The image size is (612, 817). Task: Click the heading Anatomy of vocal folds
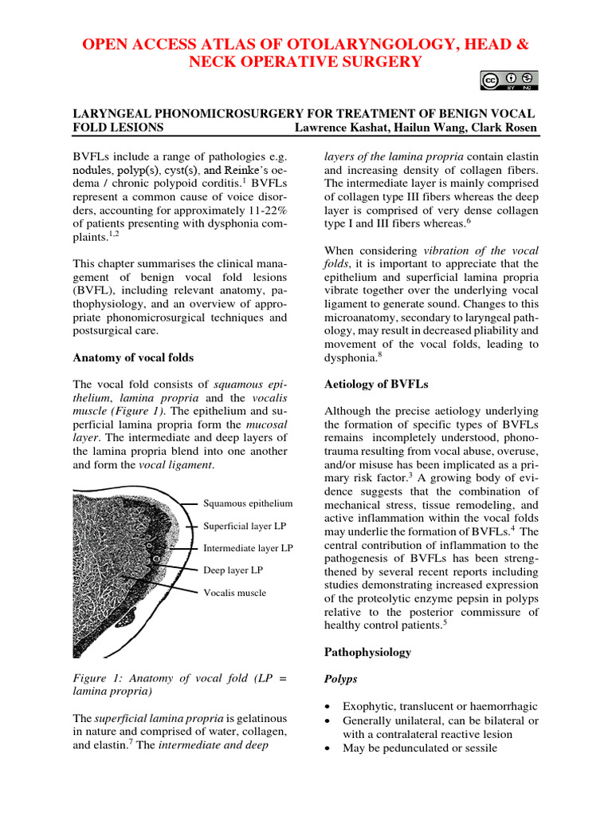coord(133,357)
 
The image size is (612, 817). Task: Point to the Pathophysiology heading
coord(367,652)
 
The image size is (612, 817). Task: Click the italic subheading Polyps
coord(341,679)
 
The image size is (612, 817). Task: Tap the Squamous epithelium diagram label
coord(248,503)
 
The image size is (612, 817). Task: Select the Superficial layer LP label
coord(244,526)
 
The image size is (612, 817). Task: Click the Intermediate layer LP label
coord(248,548)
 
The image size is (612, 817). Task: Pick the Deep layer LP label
coord(233,570)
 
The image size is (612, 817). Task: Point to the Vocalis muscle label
coord(234,593)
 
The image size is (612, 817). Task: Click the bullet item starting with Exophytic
coord(440,706)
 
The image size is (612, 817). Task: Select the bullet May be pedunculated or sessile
coord(419,748)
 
